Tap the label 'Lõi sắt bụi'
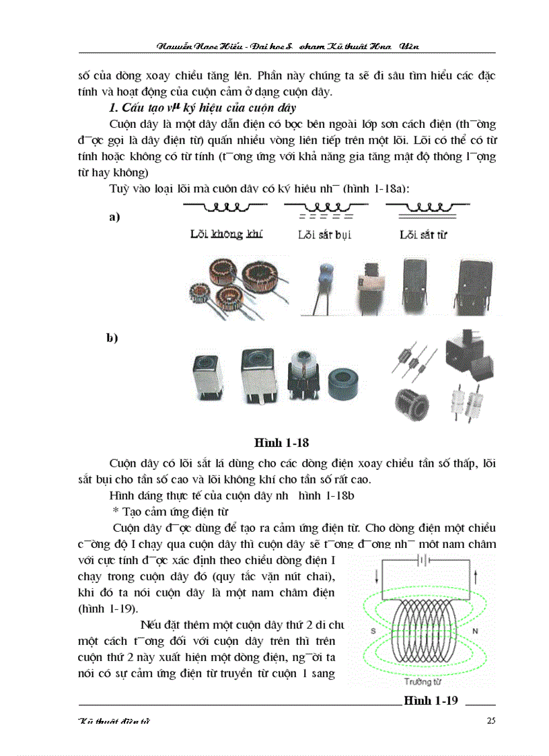[324, 235]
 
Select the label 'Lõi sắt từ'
[423, 235]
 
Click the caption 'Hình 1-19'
[431, 701]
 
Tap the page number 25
[490, 721]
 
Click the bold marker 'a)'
[114, 217]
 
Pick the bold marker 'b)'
[112, 338]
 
